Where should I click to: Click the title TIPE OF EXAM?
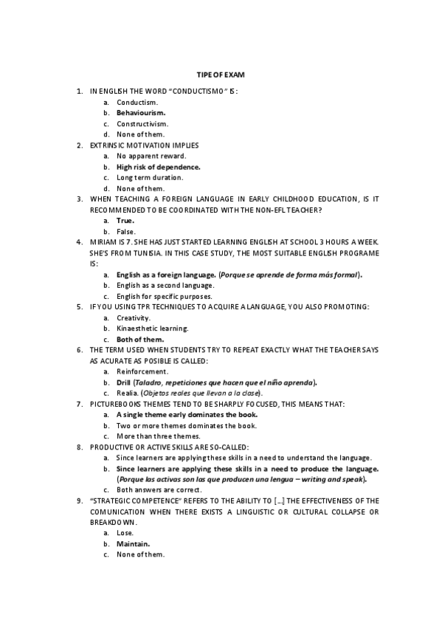220,75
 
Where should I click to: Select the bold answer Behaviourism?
141,112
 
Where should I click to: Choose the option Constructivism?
142,123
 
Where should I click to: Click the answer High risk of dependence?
158,167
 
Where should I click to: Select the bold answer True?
125,220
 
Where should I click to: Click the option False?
125,231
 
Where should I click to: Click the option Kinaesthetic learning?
152,328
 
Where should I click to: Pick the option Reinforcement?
142,371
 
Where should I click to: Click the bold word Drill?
123,382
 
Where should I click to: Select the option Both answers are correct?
157,489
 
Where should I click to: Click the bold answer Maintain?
133,543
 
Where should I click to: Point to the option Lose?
125,532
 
